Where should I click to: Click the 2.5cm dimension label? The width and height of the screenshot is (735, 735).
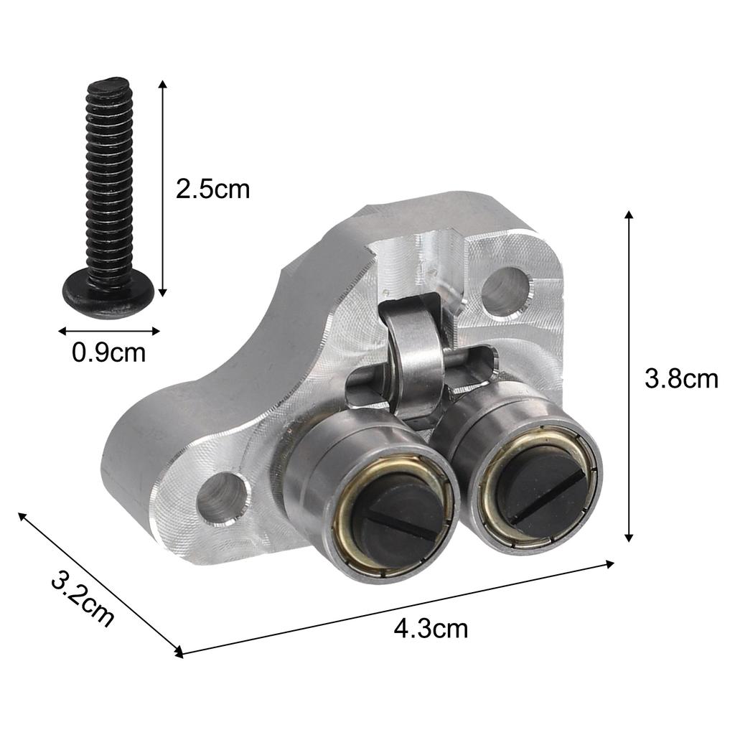pos(213,189)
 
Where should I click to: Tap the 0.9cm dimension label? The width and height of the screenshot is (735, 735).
pos(108,352)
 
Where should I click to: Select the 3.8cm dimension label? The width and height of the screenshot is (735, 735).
pos(680,378)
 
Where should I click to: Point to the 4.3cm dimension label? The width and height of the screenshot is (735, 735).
pos(431,629)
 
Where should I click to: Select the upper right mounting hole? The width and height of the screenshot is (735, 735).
pos(506,290)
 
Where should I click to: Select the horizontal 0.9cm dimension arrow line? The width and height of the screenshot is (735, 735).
pos(108,331)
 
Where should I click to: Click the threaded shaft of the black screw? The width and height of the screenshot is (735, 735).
pos(108,179)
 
